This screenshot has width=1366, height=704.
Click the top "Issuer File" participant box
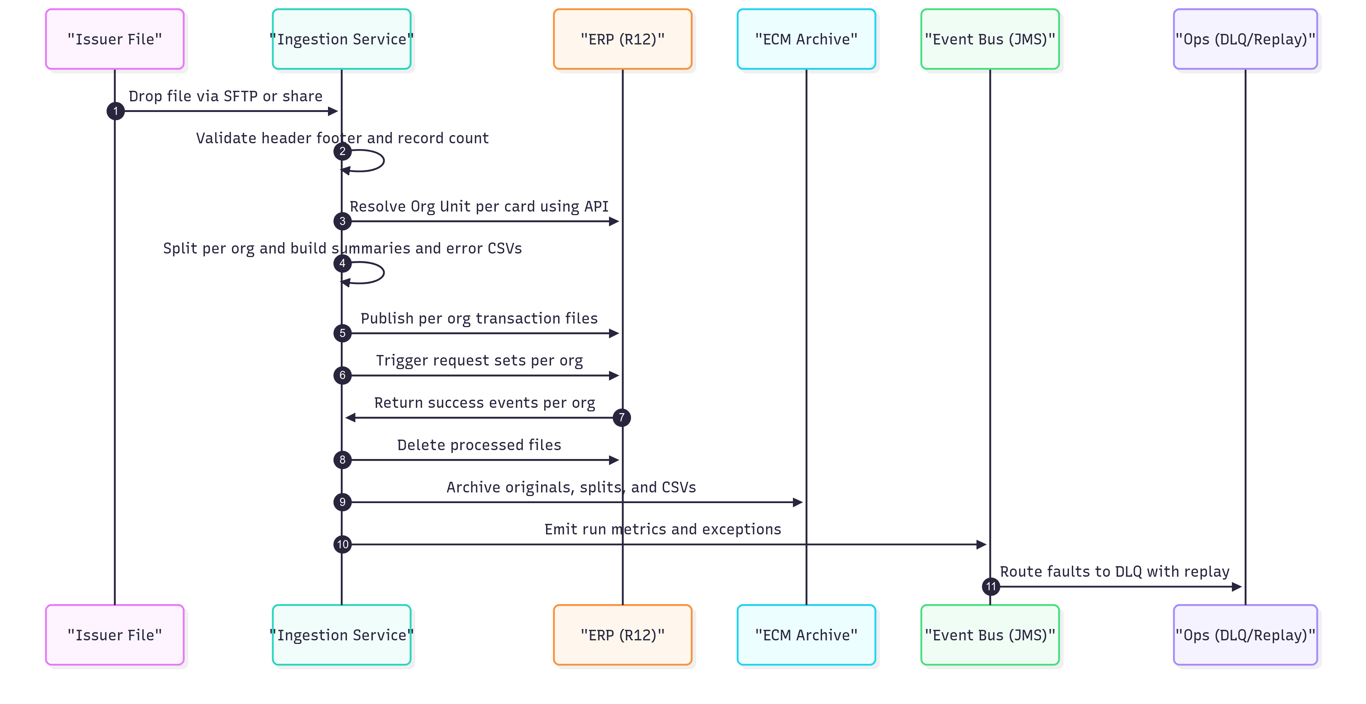(x=115, y=39)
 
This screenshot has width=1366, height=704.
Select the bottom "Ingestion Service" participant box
(x=341, y=635)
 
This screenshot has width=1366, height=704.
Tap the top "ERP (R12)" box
(x=622, y=39)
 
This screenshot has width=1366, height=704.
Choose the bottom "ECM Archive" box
(x=806, y=635)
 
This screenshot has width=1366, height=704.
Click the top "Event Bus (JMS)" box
(x=990, y=39)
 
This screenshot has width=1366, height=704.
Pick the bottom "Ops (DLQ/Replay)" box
(x=1245, y=635)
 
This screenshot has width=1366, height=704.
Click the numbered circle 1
(x=116, y=111)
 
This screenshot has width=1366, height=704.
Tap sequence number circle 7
(x=621, y=418)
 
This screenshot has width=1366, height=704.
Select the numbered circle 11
(x=991, y=586)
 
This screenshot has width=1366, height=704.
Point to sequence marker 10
(x=343, y=544)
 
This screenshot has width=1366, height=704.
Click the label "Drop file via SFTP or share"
(x=226, y=96)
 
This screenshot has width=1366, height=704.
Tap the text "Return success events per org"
(x=484, y=403)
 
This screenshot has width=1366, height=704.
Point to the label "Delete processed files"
(x=479, y=445)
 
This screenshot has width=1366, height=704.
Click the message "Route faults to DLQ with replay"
(x=1114, y=571)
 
